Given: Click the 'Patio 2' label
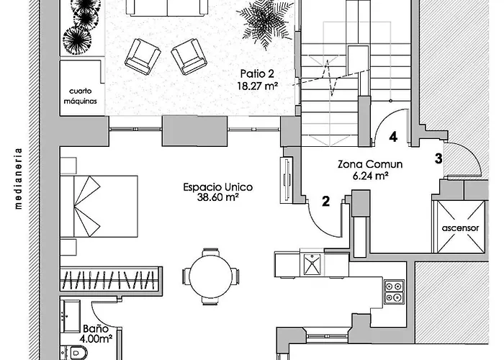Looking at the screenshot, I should [x=258, y=73].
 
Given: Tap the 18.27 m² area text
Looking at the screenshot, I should [x=258, y=85].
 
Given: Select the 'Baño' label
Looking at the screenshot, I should [x=89, y=328].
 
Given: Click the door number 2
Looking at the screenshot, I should [x=325, y=202].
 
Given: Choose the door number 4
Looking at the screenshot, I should [x=393, y=135].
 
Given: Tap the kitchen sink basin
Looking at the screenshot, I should [x=313, y=266].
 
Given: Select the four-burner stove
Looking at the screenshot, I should [x=394, y=290].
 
